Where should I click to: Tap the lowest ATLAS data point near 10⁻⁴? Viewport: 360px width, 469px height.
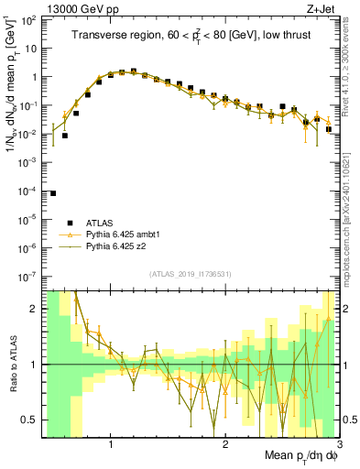pos(53,193)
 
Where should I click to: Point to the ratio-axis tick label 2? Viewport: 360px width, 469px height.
pos(34,309)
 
